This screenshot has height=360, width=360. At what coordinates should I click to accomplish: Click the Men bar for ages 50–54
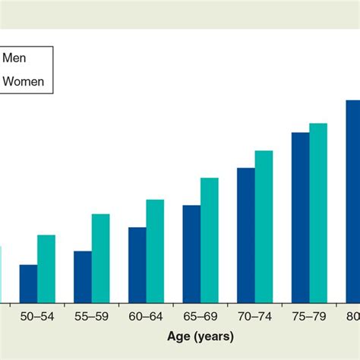pos(29,284)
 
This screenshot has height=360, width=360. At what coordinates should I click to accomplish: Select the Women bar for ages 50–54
pos(46,270)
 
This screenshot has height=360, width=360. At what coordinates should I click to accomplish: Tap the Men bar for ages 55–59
pos(83,277)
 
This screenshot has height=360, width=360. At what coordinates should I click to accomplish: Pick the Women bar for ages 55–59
pos(101,259)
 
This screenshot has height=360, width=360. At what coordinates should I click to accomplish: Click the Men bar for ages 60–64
pos(137,265)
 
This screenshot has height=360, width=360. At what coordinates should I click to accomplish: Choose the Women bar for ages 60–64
pos(155,251)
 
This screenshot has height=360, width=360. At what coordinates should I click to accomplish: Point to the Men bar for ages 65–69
pos(191,254)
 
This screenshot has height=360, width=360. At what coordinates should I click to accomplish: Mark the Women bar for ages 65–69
pos(210,241)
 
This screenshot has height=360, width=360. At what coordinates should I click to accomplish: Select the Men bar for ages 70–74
pos(246,235)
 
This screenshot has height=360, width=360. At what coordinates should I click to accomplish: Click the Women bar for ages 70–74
pos(264,227)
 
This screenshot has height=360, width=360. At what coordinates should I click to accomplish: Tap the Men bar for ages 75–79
pos(301,218)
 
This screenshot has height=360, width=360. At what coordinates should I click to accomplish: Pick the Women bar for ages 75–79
pos(318,213)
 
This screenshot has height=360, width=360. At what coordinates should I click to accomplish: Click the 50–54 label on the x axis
pos(37,315)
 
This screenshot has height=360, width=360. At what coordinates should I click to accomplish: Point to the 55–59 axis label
pos(92,315)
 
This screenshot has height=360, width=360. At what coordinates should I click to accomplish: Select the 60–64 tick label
pos(147,315)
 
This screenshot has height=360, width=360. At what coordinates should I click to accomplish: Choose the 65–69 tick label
pos(201,315)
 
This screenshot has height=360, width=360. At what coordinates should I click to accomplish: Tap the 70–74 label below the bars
pos(255,315)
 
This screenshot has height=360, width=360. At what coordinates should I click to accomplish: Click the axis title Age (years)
pos(201,335)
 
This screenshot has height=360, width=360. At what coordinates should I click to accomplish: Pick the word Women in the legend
pos(24,81)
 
